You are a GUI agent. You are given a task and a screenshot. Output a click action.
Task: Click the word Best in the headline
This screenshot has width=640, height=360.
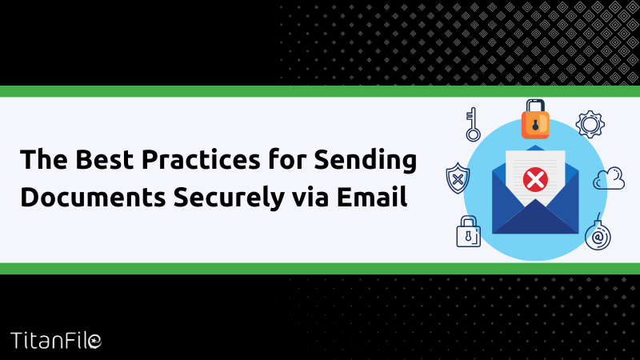pyautogui.click(x=105, y=159)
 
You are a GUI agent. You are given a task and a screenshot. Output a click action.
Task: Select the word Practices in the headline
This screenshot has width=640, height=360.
pyautogui.click(x=201, y=159)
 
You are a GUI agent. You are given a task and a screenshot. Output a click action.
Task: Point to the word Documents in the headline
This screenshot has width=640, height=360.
pyautogui.click(x=93, y=197)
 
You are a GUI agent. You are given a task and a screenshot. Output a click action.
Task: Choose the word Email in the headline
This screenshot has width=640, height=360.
pyautogui.click(x=372, y=196)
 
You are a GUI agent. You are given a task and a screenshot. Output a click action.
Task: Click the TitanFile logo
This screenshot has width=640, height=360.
pyautogui.click(x=56, y=341)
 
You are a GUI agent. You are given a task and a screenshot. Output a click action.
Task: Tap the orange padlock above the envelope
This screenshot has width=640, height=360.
pyautogui.click(x=535, y=119)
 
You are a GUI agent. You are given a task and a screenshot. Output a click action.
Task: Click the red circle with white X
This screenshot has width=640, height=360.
pyautogui.click(x=535, y=179)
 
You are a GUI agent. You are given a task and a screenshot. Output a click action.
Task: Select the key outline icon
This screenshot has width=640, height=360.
pyautogui.click(x=473, y=125)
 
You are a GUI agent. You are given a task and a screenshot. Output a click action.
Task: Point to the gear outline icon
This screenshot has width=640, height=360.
pyautogui.click(x=590, y=124)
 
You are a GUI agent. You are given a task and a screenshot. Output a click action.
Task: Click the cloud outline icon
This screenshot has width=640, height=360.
pyautogui.click(x=609, y=178)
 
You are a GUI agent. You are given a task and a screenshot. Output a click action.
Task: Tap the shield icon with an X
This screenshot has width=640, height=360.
pyautogui.click(x=458, y=178)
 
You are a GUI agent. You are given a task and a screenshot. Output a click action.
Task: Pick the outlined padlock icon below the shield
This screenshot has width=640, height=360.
pyautogui.click(x=468, y=232)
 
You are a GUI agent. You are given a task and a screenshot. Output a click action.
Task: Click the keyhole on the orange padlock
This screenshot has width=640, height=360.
pyautogui.click(x=535, y=126)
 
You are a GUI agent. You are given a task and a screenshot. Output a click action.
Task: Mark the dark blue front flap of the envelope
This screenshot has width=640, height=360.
pyautogui.click(x=535, y=218)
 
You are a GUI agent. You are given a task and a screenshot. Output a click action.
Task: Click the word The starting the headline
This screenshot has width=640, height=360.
pyautogui.click(x=44, y=159)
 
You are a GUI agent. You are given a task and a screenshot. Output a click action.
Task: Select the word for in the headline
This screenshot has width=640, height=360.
pyautogui.click(x=287, y=159)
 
